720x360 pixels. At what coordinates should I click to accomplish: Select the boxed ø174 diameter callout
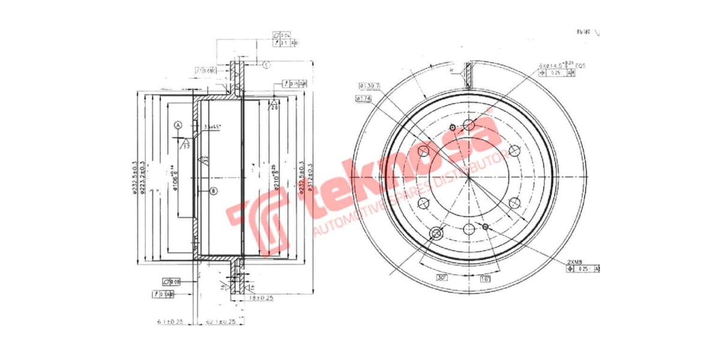point(365,98)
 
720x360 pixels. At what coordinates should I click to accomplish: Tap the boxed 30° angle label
point(442,278)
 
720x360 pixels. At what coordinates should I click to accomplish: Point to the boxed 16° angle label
point(485,279)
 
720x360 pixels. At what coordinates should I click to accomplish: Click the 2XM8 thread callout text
point(575,262)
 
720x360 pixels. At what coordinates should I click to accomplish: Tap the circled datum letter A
point(178,125)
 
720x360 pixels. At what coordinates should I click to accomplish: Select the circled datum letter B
point(213,191)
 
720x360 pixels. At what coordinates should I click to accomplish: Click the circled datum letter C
point(266,64)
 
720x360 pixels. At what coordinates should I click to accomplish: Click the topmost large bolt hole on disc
point(469,124)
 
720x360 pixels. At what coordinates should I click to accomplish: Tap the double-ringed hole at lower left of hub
point(436,232)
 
